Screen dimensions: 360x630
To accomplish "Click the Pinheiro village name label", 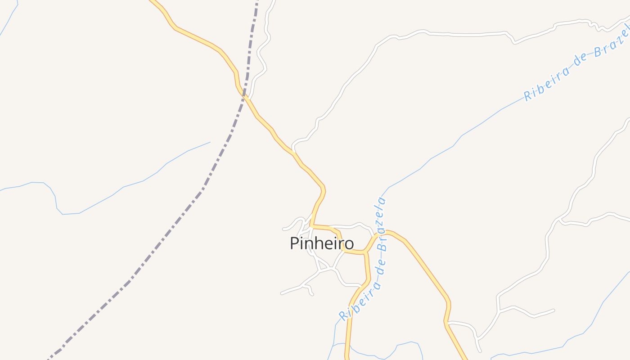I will (x=321, y=243).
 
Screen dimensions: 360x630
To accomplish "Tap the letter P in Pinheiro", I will (x=294, y=243).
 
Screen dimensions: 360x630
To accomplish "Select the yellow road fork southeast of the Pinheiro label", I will (x=365, y=252).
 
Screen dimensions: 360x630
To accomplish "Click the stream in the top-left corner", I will (x=9, y=18).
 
